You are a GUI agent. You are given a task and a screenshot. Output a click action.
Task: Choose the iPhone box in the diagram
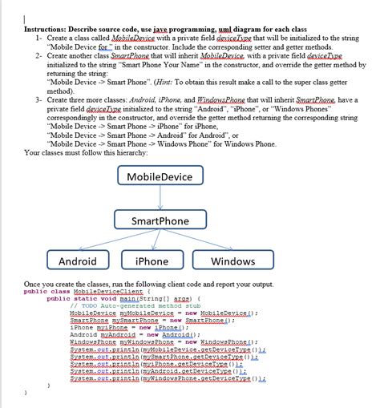152,261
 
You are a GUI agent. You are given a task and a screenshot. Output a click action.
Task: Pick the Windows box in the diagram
232,261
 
